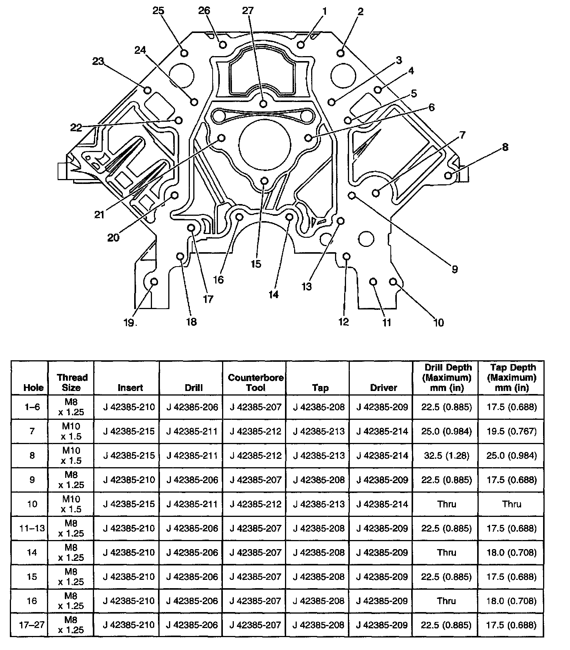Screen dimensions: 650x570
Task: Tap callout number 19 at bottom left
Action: pyautogui.click(x=128, y=322)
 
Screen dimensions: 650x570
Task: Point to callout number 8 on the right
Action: pyautogui.click(x=505, y=147)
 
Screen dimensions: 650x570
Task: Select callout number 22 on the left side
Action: pyautogui.click(x=76, y=127)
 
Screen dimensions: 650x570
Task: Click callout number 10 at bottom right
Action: pyautogui.click(x=438, y=322)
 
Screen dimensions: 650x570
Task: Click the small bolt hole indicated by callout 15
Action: pyautogui.click(x=265, y=181)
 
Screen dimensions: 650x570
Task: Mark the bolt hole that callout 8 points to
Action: pyautogui.click(x=448, y=175)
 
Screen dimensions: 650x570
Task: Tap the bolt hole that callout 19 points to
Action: pyautogui.click(x=154, y=282)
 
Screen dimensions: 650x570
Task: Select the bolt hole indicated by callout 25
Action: pyautogui.click(x=184, y=53)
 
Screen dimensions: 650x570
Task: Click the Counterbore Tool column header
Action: pyautogui.click(x=255, y=382)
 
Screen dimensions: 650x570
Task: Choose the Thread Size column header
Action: pyautogui.click(x=71, y=382)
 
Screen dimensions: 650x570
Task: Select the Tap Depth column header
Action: pyautogui.click(x=512, y=377)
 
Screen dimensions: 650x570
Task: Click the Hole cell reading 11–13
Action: pyautogui.click(x=32, y=528)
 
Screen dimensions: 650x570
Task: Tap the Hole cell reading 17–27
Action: pyautogui.click(x=32, y=625)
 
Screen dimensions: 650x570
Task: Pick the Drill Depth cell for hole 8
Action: pyautogui.click(x=446, y=455)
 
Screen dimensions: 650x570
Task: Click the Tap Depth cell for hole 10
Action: pyautogui.click(x=512, y=504)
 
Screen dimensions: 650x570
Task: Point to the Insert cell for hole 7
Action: pyautogui.click(x=129, y=431)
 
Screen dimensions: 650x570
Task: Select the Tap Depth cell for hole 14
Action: pyautogui.click(x=512, y=553)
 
